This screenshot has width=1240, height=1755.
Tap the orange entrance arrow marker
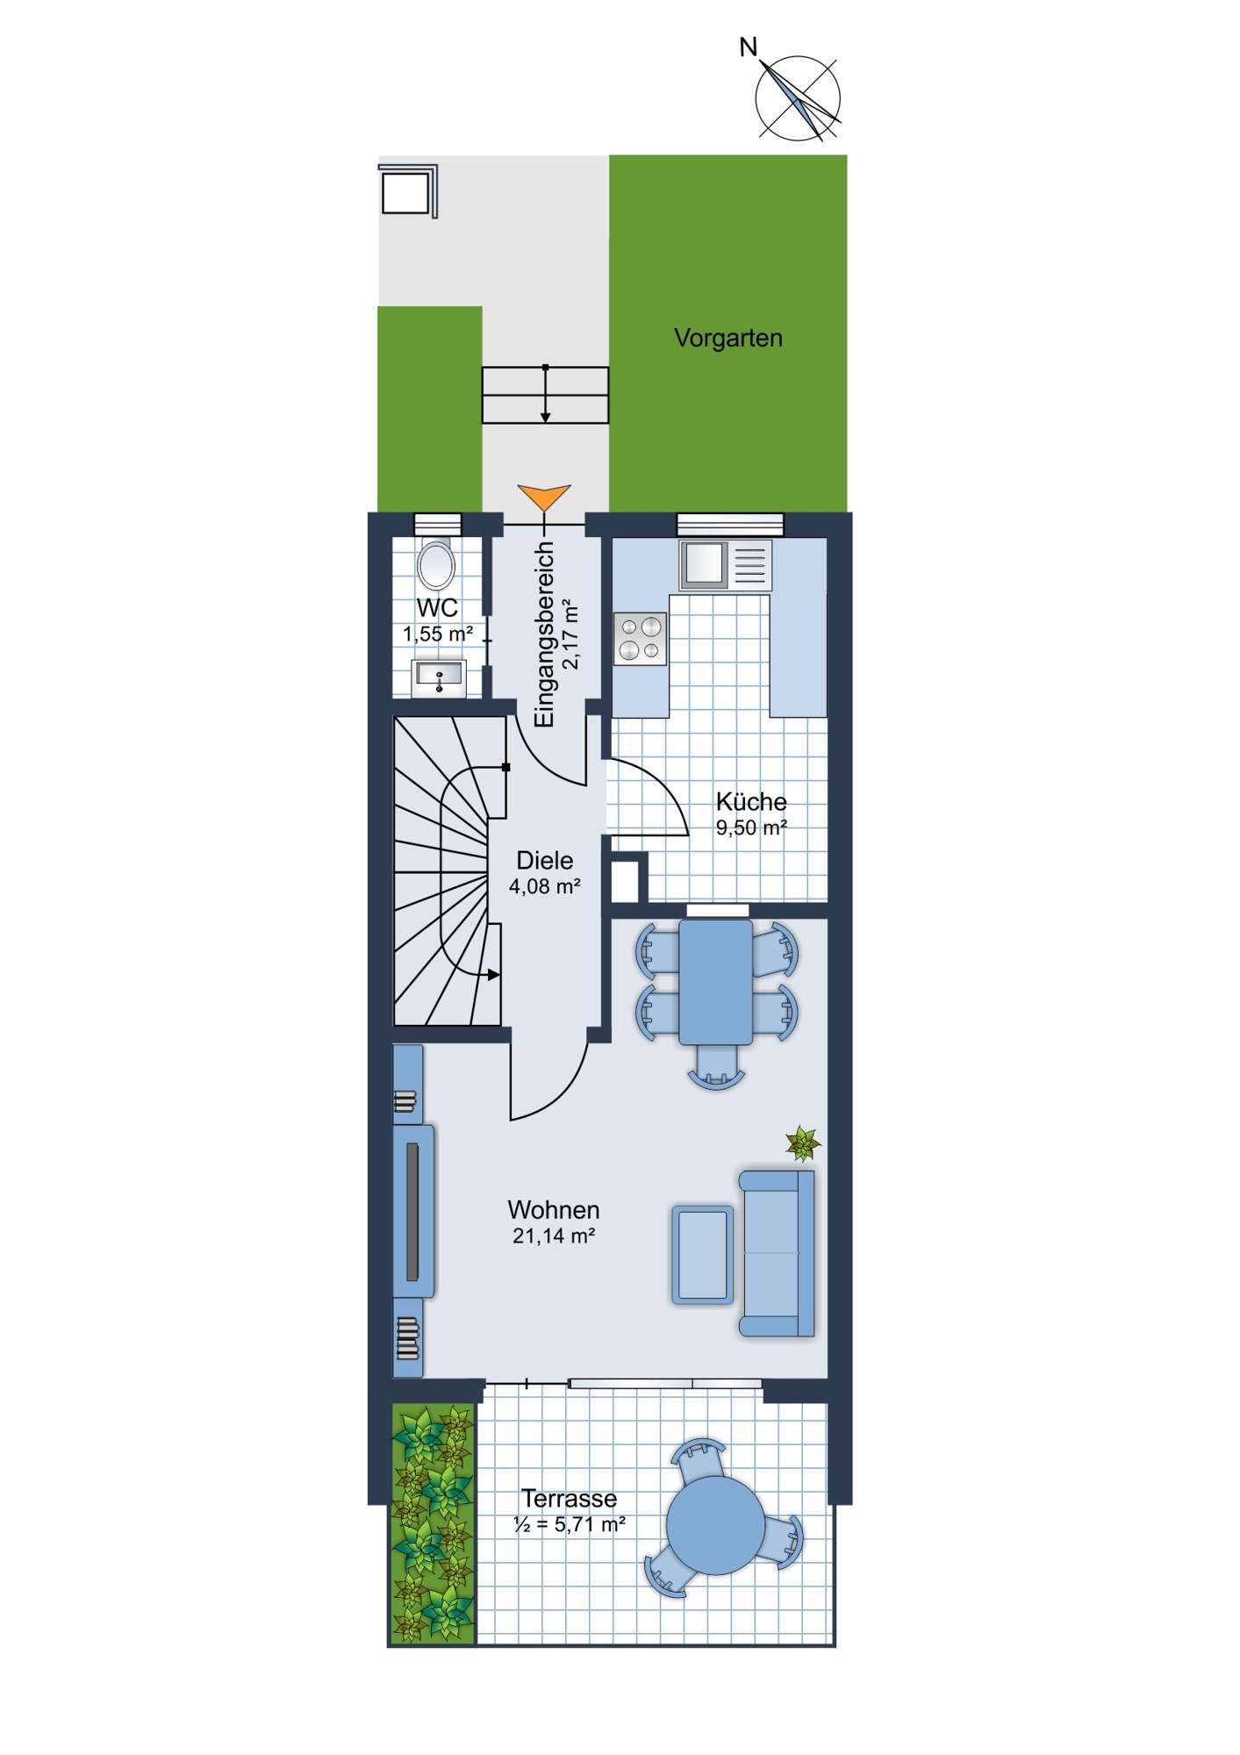point(544,496)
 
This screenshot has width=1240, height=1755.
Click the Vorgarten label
point(728,338)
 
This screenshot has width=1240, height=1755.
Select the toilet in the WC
point(436,564)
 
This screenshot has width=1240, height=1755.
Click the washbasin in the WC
point(439,677)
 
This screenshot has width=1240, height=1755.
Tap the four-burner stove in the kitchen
point(640,638)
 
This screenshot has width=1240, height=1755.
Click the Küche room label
point(751,801)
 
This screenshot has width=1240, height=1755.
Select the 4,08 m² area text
point(544,887)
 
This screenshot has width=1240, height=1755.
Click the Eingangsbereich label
point(545,634)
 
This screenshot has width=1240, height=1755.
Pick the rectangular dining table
point(716,982)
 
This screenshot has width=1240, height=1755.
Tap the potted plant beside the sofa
point(803,1143)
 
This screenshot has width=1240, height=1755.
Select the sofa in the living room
point(777,1253)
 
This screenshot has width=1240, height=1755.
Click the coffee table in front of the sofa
point(703,1254)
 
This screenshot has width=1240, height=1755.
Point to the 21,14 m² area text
point(554,1236)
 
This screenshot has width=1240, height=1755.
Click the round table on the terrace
point(715,1525)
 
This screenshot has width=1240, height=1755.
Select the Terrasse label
point(570,1498)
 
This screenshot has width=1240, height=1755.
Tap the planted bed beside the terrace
point(433,1522)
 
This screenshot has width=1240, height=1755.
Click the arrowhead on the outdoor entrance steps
point(545,418)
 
